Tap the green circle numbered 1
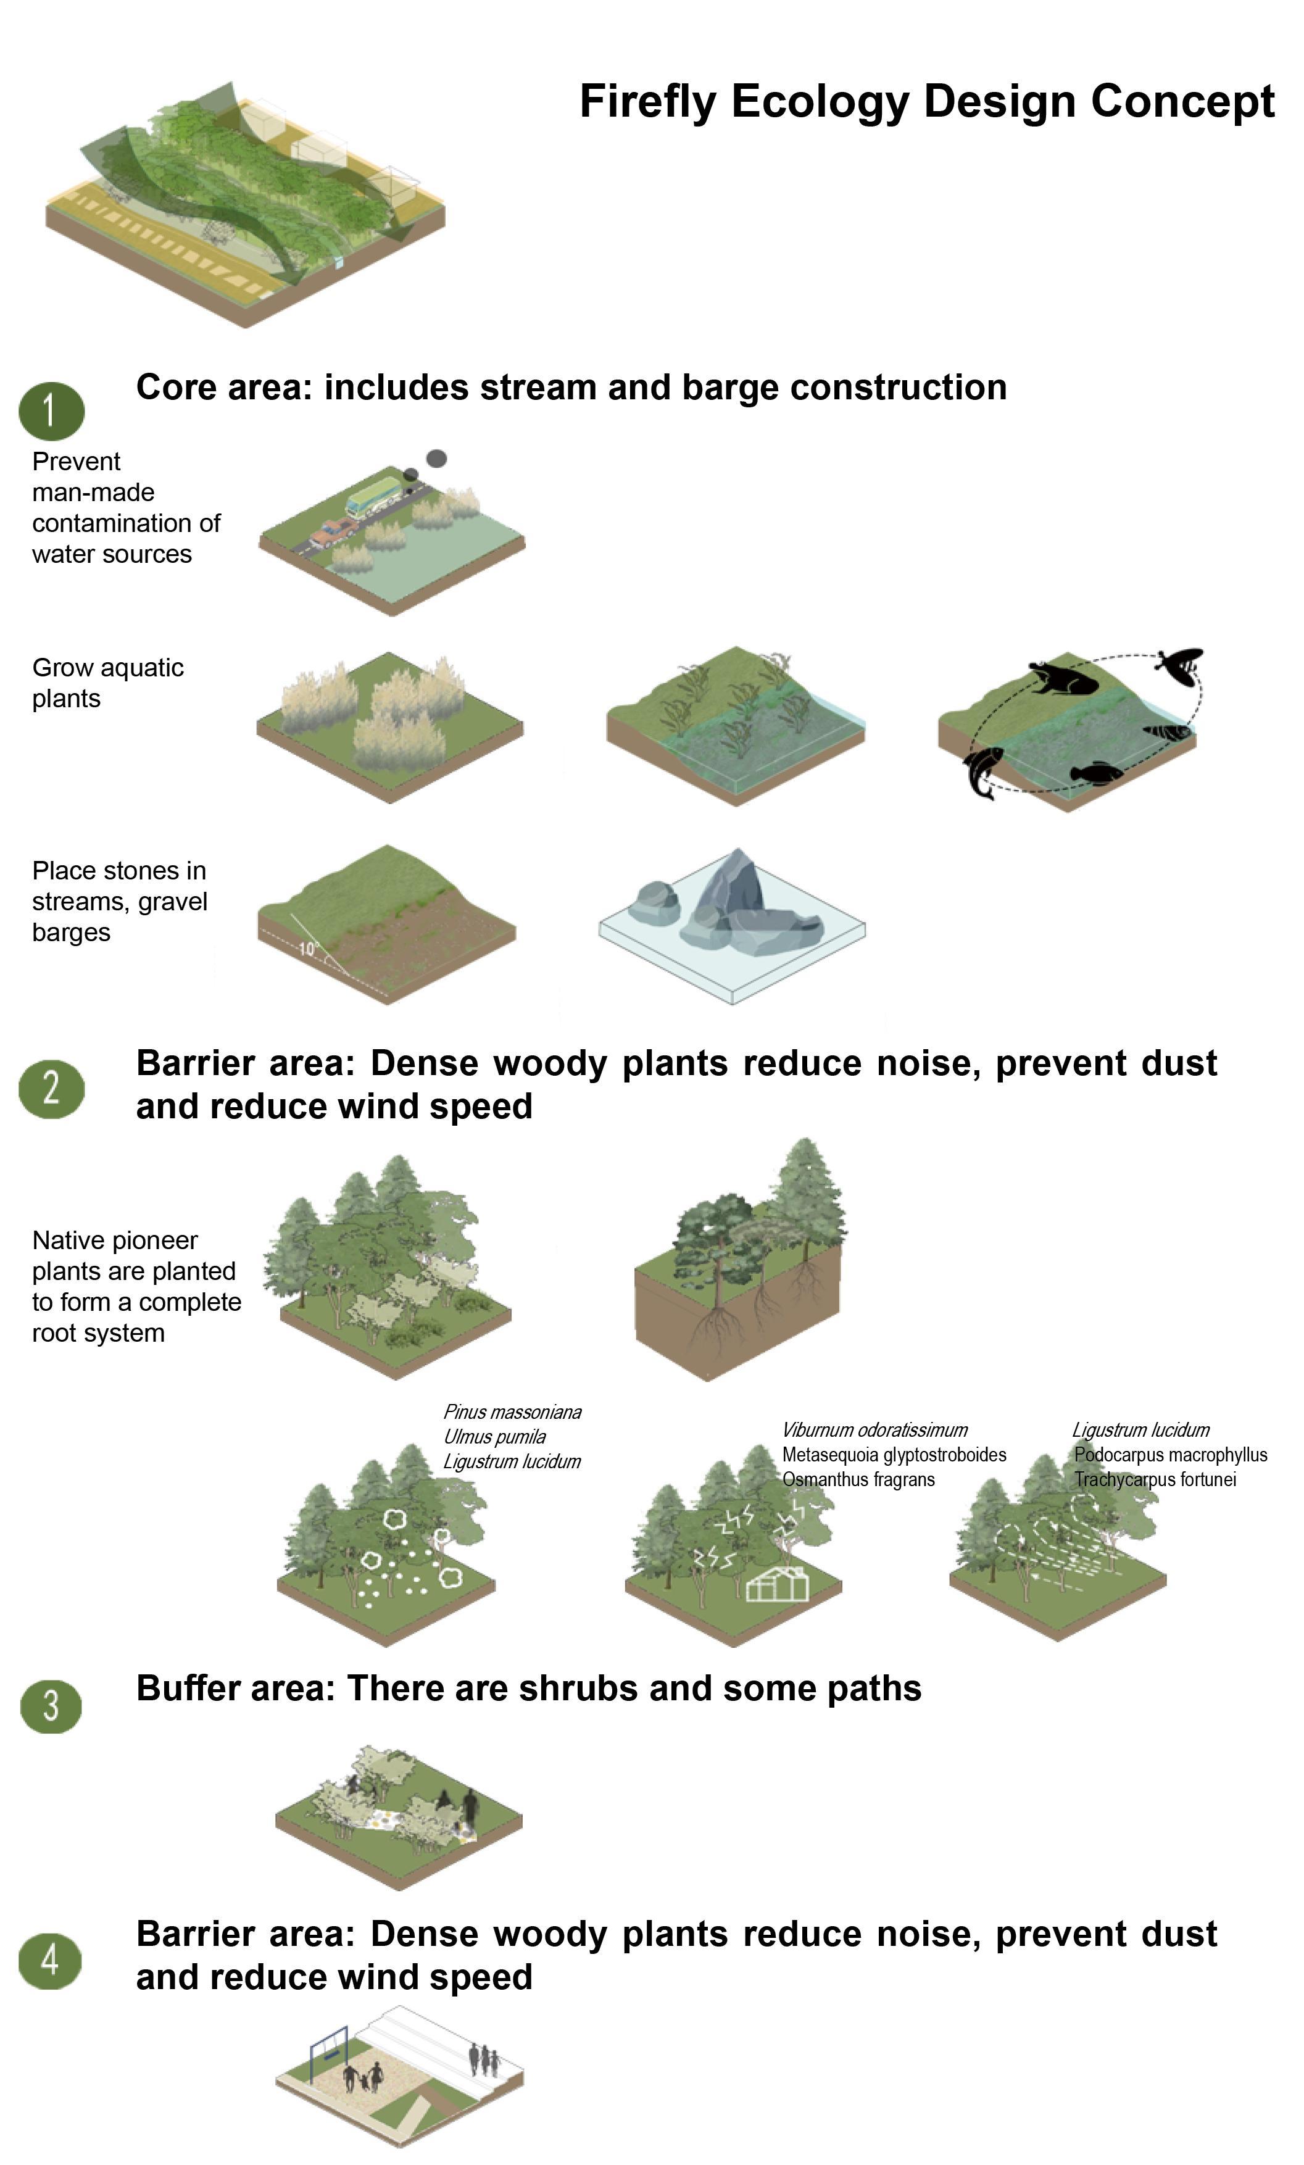(x=51, y=410)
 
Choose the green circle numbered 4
(x=51, y=1959)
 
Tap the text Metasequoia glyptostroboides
(x=894, y=1454)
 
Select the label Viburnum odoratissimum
(x=874, y=1429)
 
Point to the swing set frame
(x=328, y=2053)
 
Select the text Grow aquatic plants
(x=107, y=683)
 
